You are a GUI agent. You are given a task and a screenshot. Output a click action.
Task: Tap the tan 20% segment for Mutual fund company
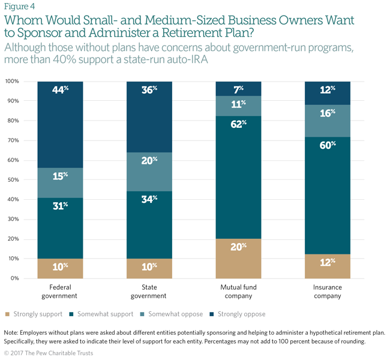tap(238, 258)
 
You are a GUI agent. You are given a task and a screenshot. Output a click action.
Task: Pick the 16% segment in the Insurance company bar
tap(328, 121)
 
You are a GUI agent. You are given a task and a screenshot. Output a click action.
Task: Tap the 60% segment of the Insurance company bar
tap(328, 195)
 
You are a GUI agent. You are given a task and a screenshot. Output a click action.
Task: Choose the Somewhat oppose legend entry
tap(172, 314)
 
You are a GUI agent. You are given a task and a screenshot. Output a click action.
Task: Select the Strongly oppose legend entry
tap(240, 314)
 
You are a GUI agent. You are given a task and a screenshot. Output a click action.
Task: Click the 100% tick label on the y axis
tap(12, 81)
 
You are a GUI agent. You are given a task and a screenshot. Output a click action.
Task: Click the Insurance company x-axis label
tap(328, 292)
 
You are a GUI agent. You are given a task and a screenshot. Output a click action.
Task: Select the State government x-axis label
tap(149, 292)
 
